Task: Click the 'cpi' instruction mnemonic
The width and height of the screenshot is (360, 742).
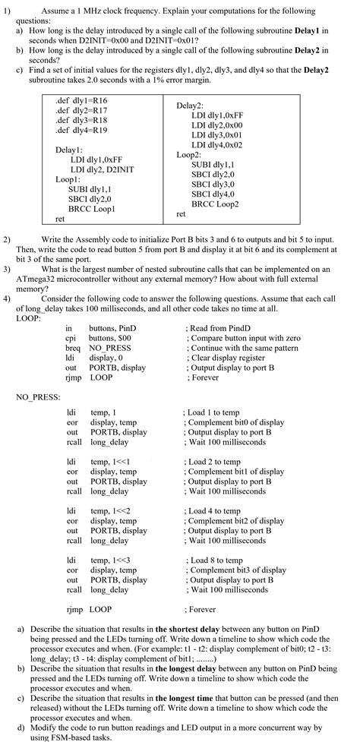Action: pyautogui.click(x=71, y=336)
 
